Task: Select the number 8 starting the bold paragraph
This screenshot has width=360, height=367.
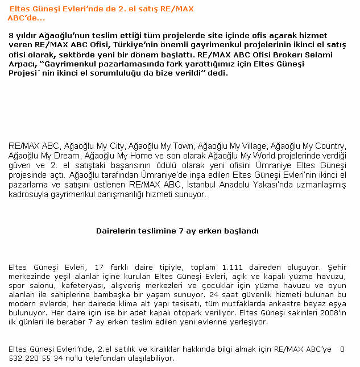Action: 11,36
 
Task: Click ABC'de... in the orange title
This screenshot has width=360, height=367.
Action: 26,18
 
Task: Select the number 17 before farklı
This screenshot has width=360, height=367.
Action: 99,266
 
